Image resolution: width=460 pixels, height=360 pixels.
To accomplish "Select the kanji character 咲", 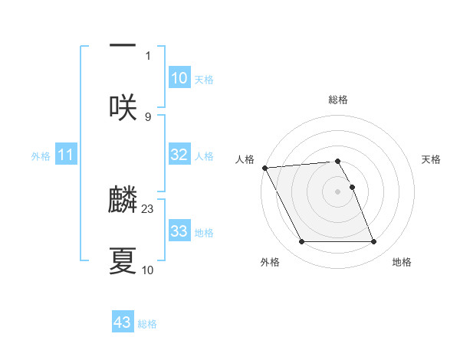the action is [x=123, y=107].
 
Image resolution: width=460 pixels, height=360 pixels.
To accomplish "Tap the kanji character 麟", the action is [x=123, y=200].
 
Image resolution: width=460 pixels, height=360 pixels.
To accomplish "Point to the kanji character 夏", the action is [x=123, y=261].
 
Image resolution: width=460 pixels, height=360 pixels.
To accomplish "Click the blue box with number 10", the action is [x=179, y=78].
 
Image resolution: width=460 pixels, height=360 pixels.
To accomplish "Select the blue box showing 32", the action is [x=179, y=155].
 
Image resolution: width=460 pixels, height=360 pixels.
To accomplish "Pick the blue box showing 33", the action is [x=179, y=231].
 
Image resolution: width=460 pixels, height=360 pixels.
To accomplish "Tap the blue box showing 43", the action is [x=123, y=322].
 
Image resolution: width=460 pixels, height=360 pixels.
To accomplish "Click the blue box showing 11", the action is [x=66, y=155].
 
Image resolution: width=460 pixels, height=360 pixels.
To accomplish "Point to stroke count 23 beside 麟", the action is [x=148, y=208].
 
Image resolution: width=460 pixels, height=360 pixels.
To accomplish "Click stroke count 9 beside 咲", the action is [x=148, y=116].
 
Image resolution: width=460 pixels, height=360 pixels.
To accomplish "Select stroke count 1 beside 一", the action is [x=148, y=55].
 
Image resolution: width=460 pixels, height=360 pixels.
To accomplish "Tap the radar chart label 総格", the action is [x=338, y=100].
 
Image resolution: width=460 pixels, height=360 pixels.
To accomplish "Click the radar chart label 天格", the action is [x=432, y=159].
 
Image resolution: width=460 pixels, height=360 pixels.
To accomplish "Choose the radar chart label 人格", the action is [x=245, y=159].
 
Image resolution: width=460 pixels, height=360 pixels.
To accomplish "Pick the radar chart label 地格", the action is [x=402, y=262].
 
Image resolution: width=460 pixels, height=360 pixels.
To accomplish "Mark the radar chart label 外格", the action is [x=270, y=262].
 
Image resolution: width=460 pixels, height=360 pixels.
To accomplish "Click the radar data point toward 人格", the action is [x=264, y=168].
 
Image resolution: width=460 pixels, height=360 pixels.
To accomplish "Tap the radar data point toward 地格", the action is [x=374, y=242].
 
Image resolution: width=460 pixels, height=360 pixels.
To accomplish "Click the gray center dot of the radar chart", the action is [x=338, y=191].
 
